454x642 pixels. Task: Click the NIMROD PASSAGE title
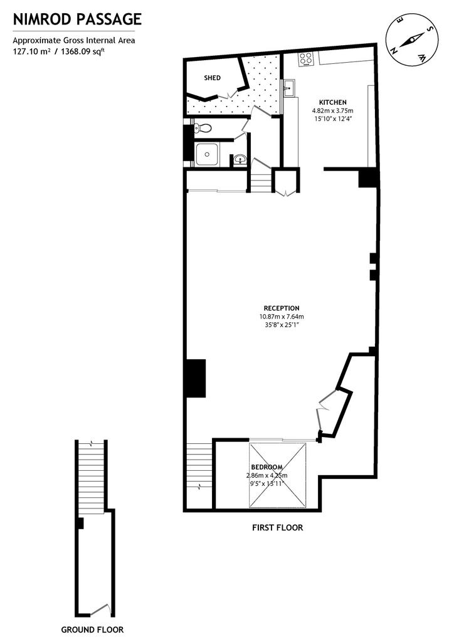coord(77,19)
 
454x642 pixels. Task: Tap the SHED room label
coord(213,78)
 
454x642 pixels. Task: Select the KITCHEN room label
coord(333,102)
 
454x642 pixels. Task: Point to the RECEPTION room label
coord(282,308)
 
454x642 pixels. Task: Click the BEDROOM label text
coord(267,467)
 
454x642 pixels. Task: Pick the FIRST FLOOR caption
coord(278,527)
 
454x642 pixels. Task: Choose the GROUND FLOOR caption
coord(92,629)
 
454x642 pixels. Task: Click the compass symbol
coord(412,41)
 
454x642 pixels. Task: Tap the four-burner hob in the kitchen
coord(306,59)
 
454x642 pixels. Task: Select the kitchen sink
coord(288,88)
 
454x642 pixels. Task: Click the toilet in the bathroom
coord(203,128)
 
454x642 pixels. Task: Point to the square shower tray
coord(207,154)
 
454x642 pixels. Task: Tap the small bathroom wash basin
coord(240,160)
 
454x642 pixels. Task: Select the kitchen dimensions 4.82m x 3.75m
coord(333,110)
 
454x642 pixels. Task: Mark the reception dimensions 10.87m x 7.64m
coord(282,317)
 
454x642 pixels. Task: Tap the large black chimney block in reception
coord(196,378)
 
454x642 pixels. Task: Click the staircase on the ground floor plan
coord(92,475)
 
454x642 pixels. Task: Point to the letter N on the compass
coord(394,51)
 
